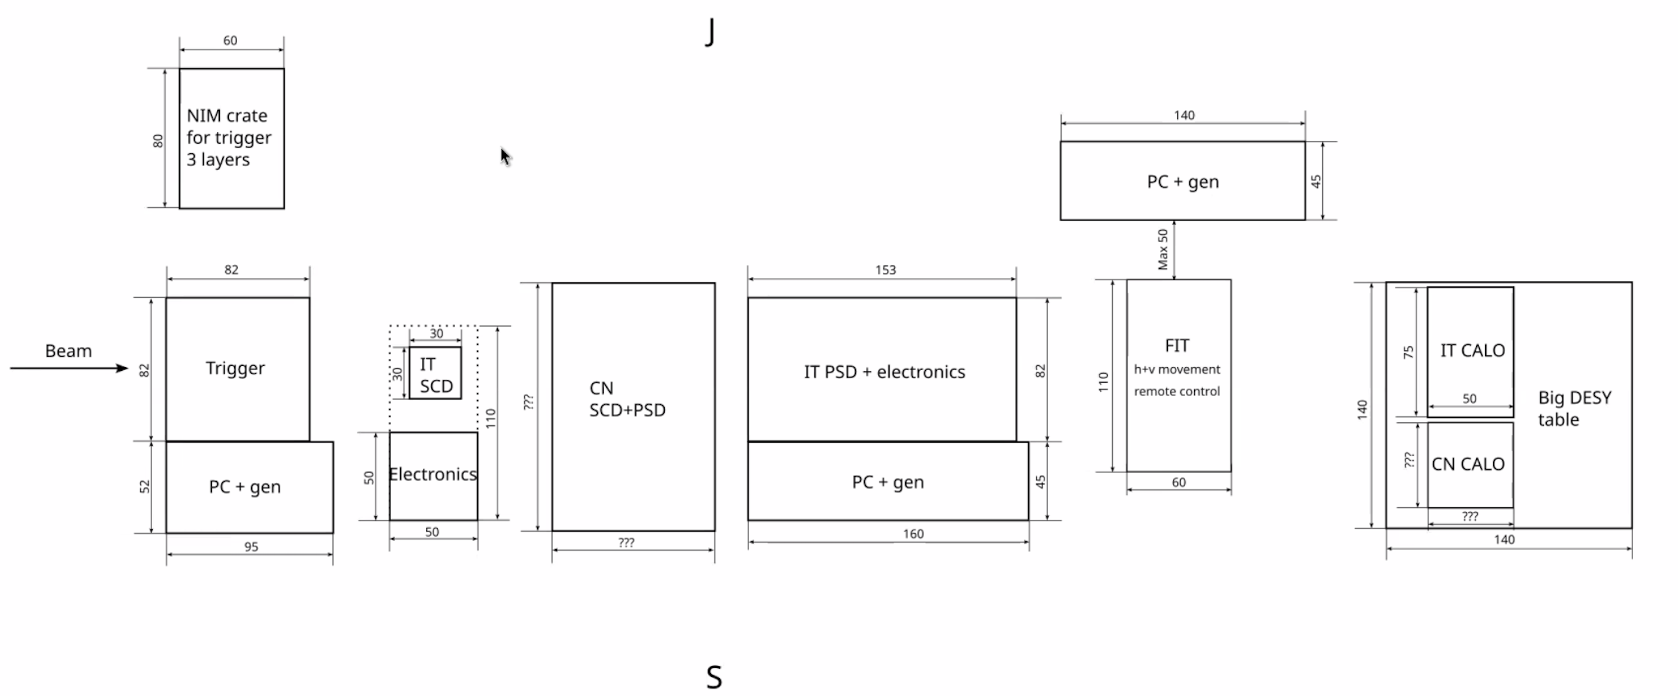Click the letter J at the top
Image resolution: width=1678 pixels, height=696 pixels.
coord(711,32)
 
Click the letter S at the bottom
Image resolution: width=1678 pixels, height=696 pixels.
coord(714,677)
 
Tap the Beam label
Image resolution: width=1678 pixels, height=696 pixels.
coord(68,350)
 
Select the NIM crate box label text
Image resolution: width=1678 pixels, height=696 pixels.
coord(229,138)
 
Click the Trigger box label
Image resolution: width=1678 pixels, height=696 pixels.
coord(235,368)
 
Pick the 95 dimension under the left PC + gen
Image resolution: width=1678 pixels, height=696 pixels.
coord(252,547)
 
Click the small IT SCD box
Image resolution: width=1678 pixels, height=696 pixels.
coord(435,373)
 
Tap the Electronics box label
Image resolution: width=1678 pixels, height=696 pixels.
coord(432,474)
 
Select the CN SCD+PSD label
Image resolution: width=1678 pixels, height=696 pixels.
coord(626,399)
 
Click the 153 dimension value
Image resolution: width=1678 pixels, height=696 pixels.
coord(885,270)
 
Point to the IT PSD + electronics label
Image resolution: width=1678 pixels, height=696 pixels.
coord(884,371)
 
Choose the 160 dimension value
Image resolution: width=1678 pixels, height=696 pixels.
coord(913,534)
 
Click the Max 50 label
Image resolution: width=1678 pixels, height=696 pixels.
coord(1163,249)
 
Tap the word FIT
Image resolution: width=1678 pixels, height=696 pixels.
coord(1176,346)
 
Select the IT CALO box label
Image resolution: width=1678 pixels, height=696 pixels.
coord(1472,350)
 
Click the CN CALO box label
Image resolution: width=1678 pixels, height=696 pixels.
coord(1468,464)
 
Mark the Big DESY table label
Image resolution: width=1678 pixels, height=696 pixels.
coord(1574,408)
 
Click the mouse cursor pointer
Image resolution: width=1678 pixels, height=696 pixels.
coord(505,156)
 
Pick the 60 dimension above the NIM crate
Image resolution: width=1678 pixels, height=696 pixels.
coord(230,40)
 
